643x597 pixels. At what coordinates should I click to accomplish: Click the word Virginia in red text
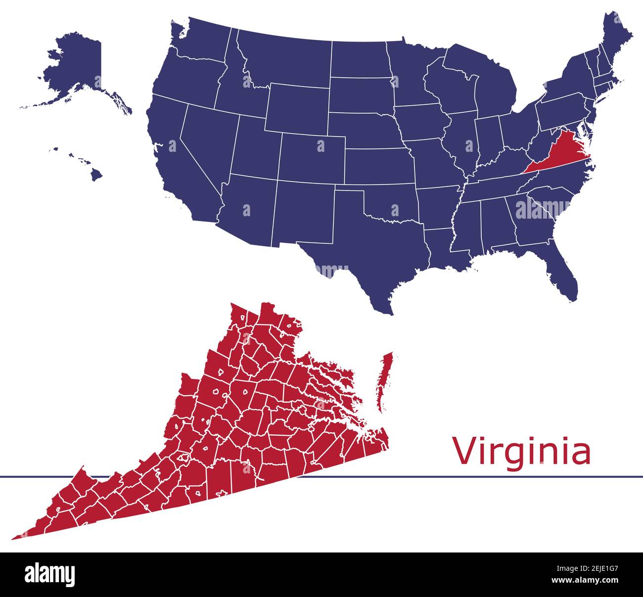point(522,452)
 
